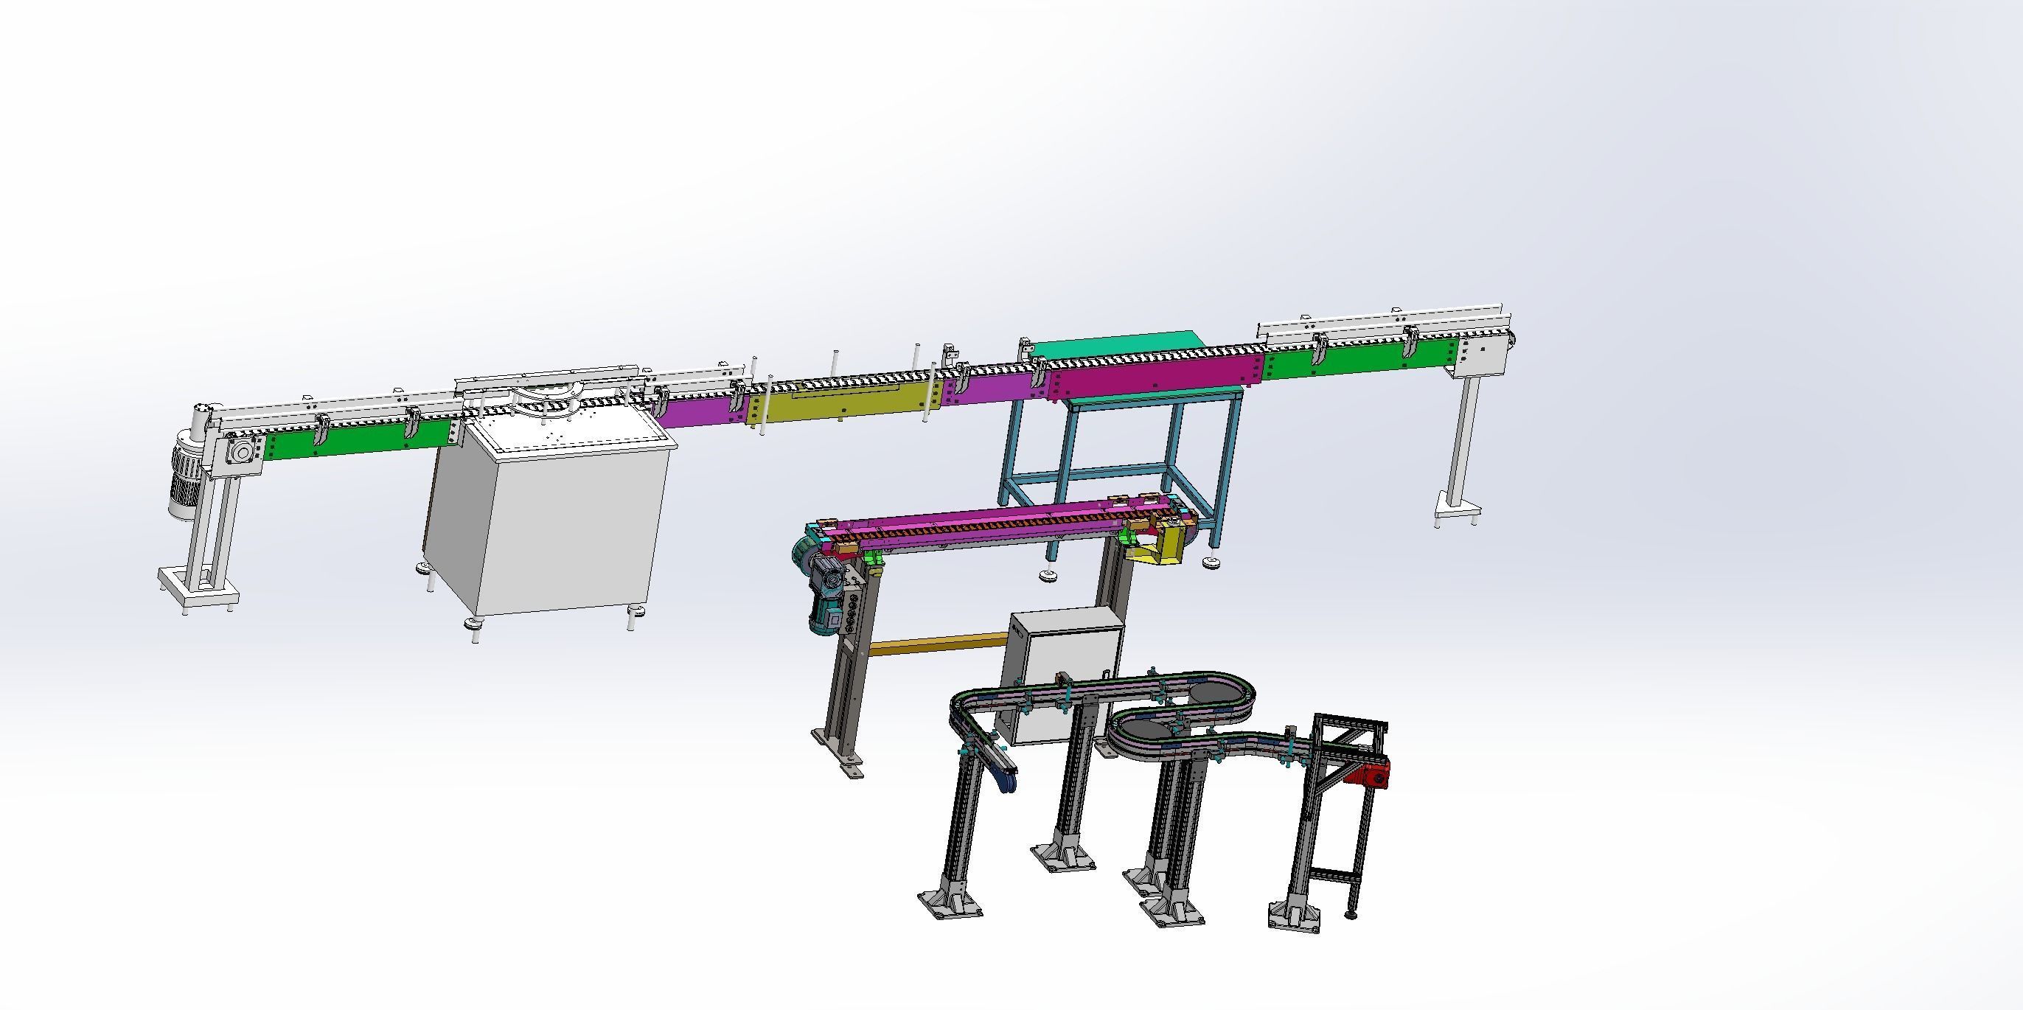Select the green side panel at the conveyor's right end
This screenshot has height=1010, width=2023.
point(1359,361)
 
